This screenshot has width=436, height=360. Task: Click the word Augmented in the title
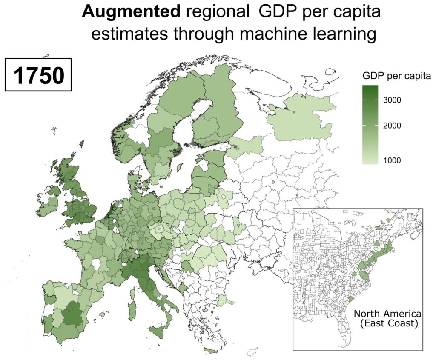tap(131, 13)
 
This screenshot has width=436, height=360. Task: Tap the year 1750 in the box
tap(39, 76)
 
